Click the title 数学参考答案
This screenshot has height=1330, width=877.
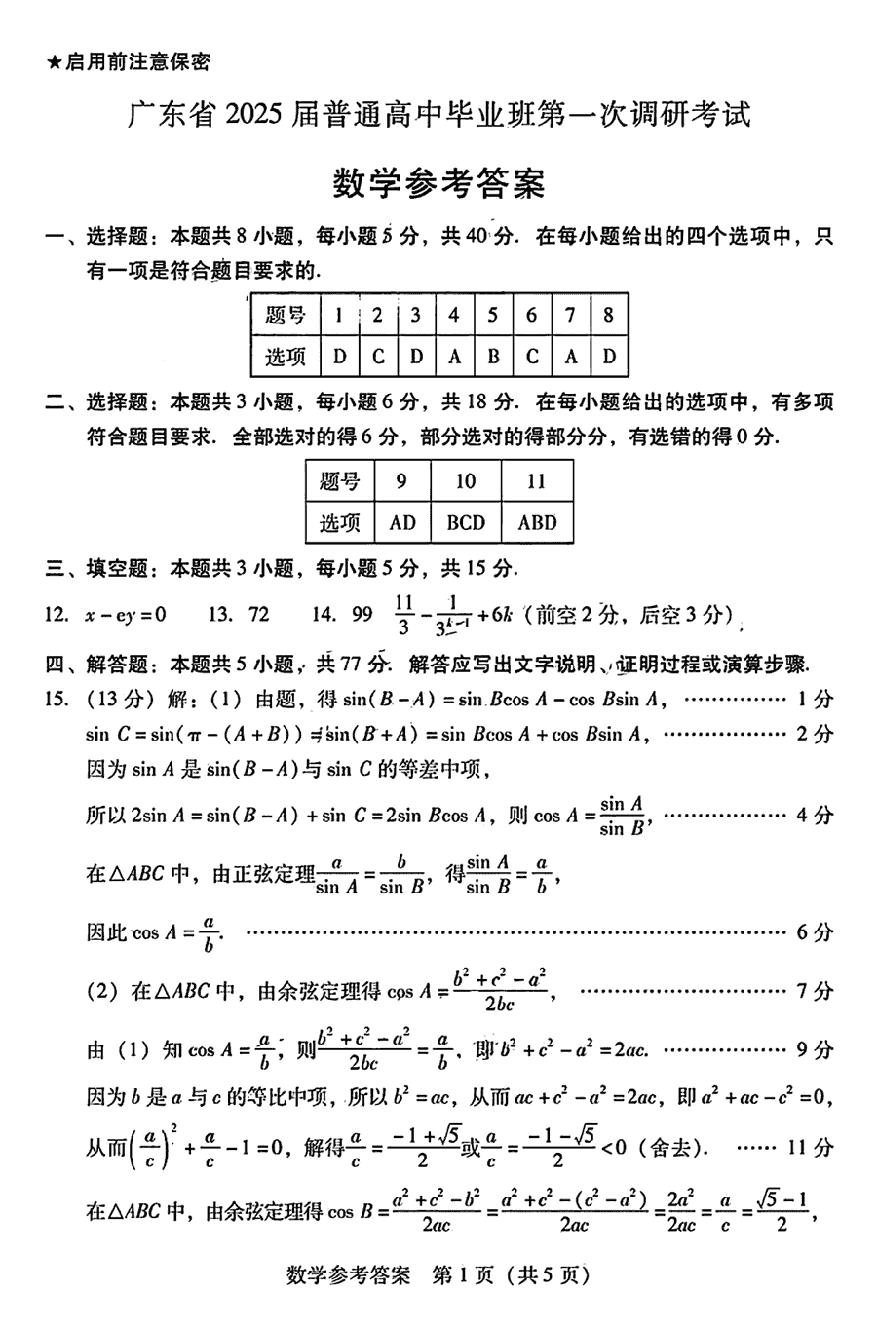(438, 182)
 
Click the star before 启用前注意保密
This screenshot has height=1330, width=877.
(54, 62)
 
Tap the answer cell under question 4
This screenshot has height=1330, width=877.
(454, 357)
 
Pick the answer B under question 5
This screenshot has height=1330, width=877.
(493, 357)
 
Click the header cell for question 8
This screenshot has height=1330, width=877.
(609, 315)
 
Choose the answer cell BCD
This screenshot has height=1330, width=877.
(466, 522)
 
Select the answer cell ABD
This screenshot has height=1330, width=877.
(537, 522)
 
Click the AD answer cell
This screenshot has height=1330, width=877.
(402, 522)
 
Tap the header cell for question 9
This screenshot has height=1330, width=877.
(402, 481)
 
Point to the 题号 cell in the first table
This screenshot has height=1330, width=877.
(286, 315)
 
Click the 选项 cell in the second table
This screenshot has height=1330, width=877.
(340, 522)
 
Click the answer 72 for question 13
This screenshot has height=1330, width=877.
(258, 614)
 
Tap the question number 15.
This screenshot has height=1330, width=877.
(57, 699)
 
